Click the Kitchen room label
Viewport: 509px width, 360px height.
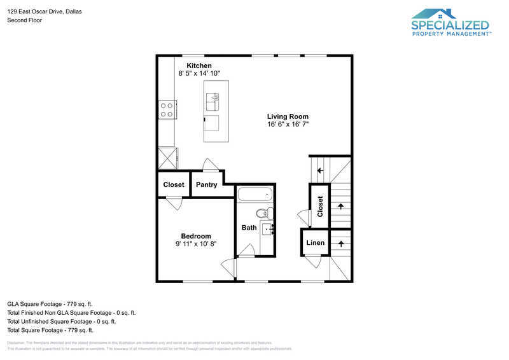click(x=199, y=66)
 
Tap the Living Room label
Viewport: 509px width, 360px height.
click(x=288, y=116)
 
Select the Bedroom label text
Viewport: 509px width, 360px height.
click(x=195, y=236)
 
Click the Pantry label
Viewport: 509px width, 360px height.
click(x=206, y=185)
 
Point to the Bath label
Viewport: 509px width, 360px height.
click(x=249, y=228)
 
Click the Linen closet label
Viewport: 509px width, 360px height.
click(x=315, y=243)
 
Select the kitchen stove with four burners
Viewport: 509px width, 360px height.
click(x=167, y=110)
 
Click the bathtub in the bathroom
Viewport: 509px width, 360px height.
click(x=254, y=194)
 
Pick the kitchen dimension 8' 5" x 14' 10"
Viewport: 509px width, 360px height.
click(x=199, y=74)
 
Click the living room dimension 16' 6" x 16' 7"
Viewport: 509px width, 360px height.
click(x=288, y=125)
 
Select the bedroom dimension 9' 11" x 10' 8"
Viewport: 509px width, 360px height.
click(x=195, y=244)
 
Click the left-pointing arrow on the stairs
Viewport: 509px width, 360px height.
click(x=320, y=170)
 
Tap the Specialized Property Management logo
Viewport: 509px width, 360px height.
click(x=450, y=23)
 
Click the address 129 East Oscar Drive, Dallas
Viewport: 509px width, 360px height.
click(x=45, y=11)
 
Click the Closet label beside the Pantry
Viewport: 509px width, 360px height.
click(x=173, y=185)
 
